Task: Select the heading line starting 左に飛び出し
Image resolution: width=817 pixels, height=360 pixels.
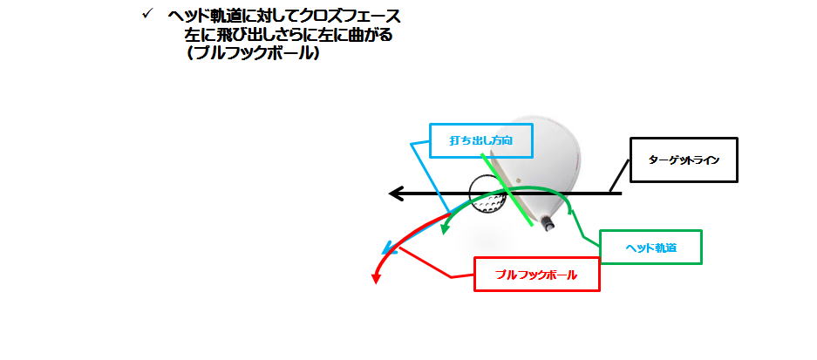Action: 288,35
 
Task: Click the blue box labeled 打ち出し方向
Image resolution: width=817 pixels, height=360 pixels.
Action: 481,140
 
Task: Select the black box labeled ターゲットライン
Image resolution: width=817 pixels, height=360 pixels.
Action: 684,160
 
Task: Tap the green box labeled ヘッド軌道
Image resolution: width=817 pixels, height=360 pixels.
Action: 650,247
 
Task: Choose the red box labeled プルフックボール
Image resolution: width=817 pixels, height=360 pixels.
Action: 537,274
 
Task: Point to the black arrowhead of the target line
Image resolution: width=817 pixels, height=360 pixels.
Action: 397,194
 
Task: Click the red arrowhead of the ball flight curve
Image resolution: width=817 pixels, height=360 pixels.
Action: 375,279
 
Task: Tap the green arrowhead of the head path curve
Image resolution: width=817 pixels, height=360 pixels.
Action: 445,228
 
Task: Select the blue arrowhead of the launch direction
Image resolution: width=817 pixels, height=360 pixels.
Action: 388,250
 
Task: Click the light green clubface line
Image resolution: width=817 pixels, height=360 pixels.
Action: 507,190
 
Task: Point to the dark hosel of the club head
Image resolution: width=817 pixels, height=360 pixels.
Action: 546,223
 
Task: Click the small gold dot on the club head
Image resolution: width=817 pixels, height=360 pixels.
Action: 517,180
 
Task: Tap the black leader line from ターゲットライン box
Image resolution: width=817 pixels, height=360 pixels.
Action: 620,177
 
